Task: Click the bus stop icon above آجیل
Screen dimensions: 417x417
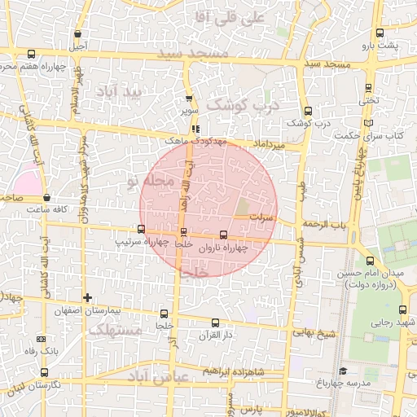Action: (x=77, y=34)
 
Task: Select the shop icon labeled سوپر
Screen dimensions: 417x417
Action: (x=189, y=98)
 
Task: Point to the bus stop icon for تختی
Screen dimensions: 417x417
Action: (x=369, y=88)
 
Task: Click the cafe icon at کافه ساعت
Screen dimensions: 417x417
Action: (x=46, y=198)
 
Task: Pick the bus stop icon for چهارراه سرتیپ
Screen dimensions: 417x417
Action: (x=142, y=230)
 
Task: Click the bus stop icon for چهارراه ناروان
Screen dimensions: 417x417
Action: (x=224, y=235)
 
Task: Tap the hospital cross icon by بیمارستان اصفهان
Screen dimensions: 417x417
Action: (x=87, y=297)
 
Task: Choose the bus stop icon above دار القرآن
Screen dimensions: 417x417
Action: (x=215, y=323)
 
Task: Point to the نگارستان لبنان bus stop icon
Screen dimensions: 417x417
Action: (x=44, y=372)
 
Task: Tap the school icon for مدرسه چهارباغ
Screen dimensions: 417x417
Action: (x=343, y=371)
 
